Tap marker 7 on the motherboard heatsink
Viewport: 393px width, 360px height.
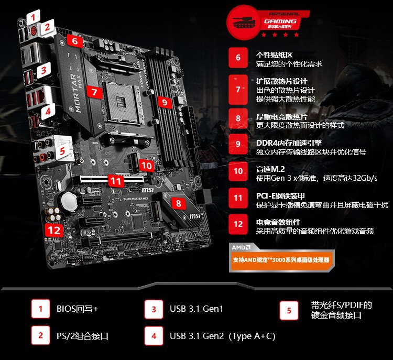pyautogui.click(x=94, y=92)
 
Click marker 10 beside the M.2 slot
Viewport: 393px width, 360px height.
pyautogui.click(x=146, y=166)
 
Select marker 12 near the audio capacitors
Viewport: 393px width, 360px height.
pyautogui.click(x=54, y=230)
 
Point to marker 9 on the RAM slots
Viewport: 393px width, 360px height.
pyautogui.click(x=165, y=102)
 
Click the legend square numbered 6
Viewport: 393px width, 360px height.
pyautogui.click(x=238, y=58)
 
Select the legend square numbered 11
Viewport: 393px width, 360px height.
pyautogui.click(x=238, y=198)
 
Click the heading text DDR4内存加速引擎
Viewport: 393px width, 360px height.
pyautogui.click(x=289, y=143)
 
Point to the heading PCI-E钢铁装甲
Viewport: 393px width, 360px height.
pyautogui.click(x=280, y=196)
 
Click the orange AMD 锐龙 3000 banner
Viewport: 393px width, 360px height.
pyautogui.click(x=282, y=260)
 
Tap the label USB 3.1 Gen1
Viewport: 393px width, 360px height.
pyautogui.click(x=196, y=309)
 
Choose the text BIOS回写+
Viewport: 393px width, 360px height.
pyautogui.click(x=77, y=309)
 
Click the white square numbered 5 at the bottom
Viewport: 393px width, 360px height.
pyautogui.click(x=289, y=311)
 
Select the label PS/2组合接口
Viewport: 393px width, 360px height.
pyautogui.click(x=82, y=336)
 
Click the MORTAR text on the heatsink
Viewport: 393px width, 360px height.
pyautogui.click(x=74, y=93)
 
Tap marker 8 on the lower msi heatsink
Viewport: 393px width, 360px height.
pyautogui.click(x=179, y=203)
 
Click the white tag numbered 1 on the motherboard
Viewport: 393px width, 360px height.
pyautogui.click(x=33, y=17)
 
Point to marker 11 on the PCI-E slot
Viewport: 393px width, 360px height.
pyautogui.click(x=116, y=181)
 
